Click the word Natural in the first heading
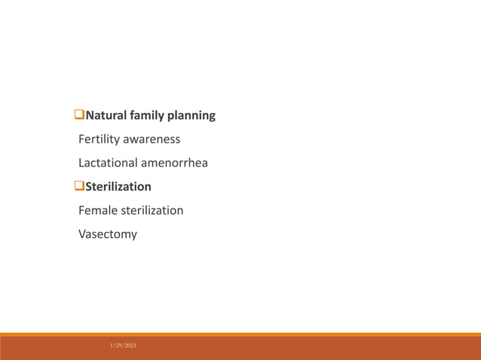pyautogui.click(x=106, y=116)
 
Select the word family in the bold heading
pyautogui.click(x=149, y=116)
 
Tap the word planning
pyautogui.click(x=193, y=117)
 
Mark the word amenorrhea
pyautogui.click(x=176, y=163)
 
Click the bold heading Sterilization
pyautogui.click(x=118, y=187)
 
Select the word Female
pyautogui.click(x=98, y=210)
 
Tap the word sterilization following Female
pyautogui.click(x=152, y=210)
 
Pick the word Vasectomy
pyautogui.click(x=108, y=234)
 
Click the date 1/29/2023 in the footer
pyautogui.click(x=124, y=345)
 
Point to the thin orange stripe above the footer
pyautogui.click(x=240, y=334)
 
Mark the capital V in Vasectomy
pyautogui.click(x=82, y=234)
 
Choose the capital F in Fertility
pyautogui.click(x=81, y=139)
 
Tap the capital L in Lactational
pyautogui.click(x=81, y=163)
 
